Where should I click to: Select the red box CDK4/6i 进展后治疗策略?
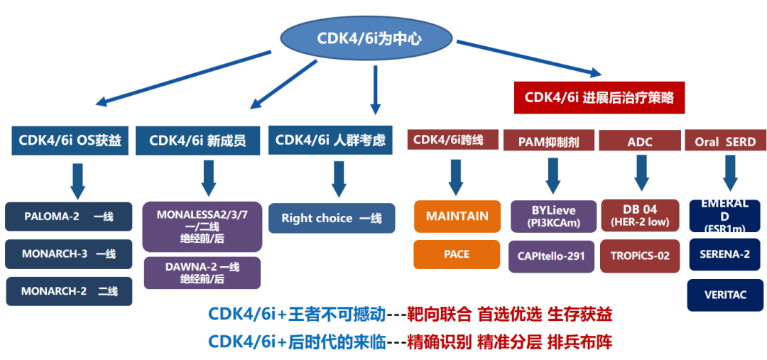tap(599, 97)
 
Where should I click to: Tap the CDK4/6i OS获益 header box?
tap(70, 140)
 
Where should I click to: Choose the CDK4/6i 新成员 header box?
tap(198, 140)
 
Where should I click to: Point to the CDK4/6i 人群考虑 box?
tap(330, 139)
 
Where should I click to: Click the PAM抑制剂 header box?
tap(550, 141)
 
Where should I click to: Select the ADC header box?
tap(639, 141)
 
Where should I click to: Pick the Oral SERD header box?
tap(724, 141)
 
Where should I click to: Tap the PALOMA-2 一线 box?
tap(68, 217)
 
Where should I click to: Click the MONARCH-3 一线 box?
tap(68, 253)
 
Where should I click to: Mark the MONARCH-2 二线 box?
tap(68, 291)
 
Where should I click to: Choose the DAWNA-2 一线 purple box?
tap(202, 273)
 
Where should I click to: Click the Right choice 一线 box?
tap(331, 218)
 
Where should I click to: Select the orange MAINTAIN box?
tap(457, 216)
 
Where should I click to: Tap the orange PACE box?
tap(457, 254)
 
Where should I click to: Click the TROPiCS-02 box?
tap(640, 256)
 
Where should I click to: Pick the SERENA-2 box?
tap(724, 254)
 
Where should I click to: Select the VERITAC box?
tap(724, 295)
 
